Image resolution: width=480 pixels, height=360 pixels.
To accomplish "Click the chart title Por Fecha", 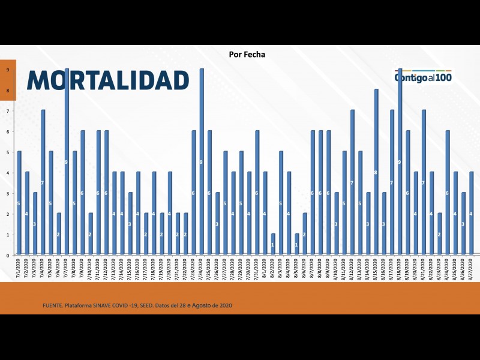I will click(247, 55).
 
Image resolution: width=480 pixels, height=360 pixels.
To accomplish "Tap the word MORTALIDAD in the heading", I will click(108, 80).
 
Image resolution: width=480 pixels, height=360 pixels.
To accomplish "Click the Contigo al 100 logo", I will click(423, 77).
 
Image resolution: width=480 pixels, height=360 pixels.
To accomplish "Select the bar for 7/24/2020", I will click(202, 162).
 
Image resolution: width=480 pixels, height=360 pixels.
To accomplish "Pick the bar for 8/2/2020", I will click(273, 244).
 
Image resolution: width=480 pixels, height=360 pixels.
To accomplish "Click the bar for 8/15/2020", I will click(376, 172).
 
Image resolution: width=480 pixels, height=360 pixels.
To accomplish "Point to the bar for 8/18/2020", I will click(400, 162).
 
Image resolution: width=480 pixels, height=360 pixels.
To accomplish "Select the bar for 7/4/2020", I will click(43, 182).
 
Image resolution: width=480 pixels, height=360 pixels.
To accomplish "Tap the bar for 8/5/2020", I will click(296, 244).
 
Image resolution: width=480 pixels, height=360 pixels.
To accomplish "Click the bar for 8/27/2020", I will click(471, 214).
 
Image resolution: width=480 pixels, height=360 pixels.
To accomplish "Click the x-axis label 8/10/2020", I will click(336, 268).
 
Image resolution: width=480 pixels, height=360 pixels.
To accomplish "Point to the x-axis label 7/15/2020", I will click(130, 268).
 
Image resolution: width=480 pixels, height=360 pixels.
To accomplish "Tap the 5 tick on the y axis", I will click(8, 152).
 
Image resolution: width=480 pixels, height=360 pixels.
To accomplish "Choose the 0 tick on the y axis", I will click(8, 255).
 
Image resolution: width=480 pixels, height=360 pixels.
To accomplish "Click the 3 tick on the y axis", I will click(8, 193).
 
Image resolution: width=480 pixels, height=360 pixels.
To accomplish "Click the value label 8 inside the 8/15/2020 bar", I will click(376, 173).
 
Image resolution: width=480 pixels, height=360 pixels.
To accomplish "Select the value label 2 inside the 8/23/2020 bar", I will click(439, 234).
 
